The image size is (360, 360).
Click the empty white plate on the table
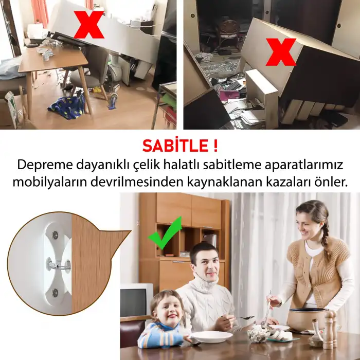pos(211,337)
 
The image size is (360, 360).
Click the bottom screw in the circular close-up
pos(55,293)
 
